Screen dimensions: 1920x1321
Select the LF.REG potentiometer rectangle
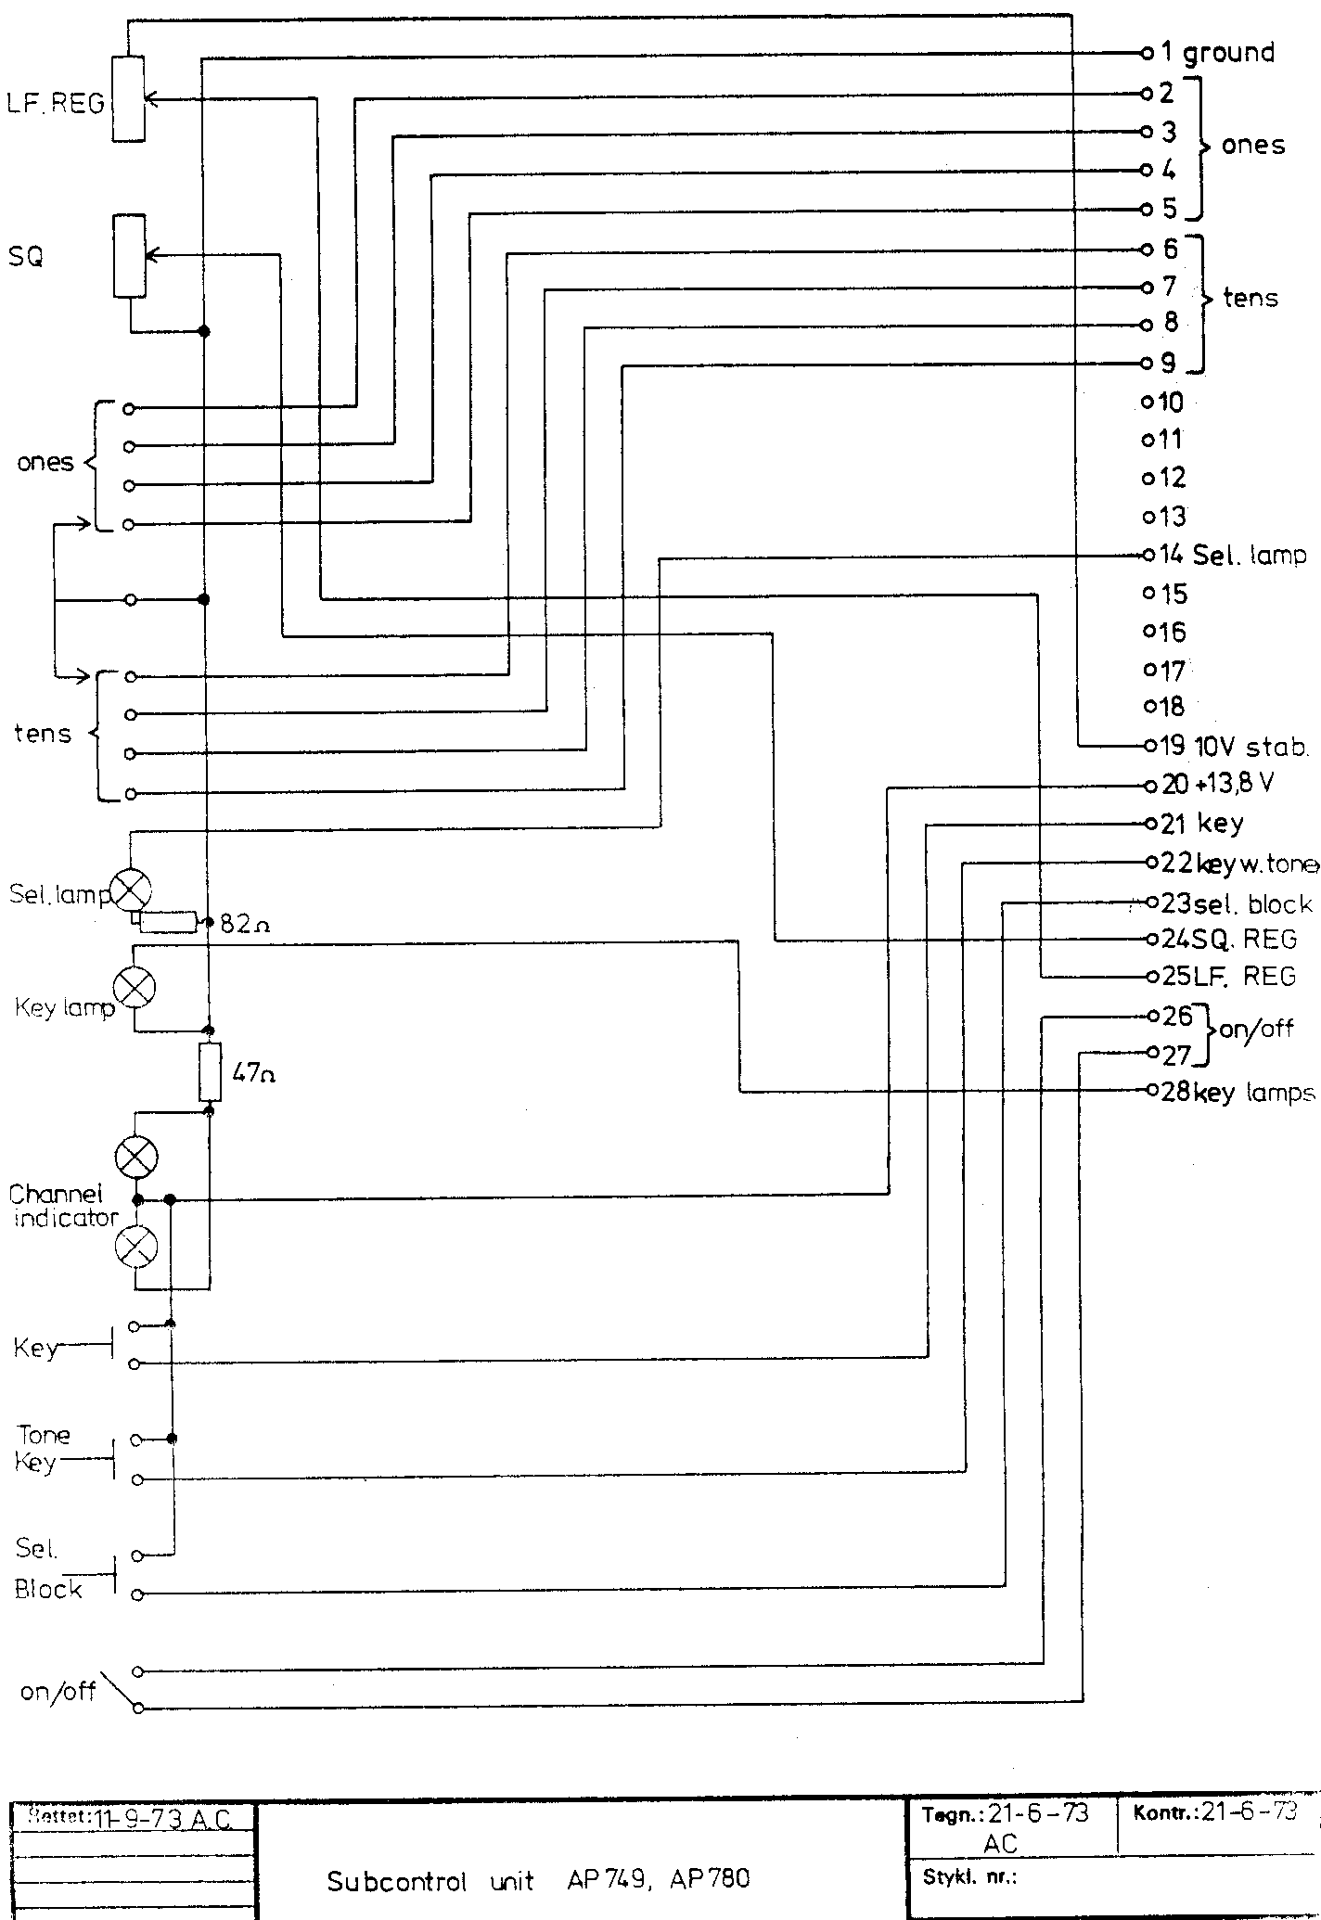[128, 98]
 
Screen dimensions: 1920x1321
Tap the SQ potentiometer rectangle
[129, 256]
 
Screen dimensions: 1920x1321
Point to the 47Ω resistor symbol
[211, 1072]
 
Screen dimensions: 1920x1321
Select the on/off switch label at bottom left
[58, 1691]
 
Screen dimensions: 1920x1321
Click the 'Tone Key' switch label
[40, 1449]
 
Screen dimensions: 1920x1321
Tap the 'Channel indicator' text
[63, 1206]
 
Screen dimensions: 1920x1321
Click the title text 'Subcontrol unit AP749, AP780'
[538, 1853]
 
